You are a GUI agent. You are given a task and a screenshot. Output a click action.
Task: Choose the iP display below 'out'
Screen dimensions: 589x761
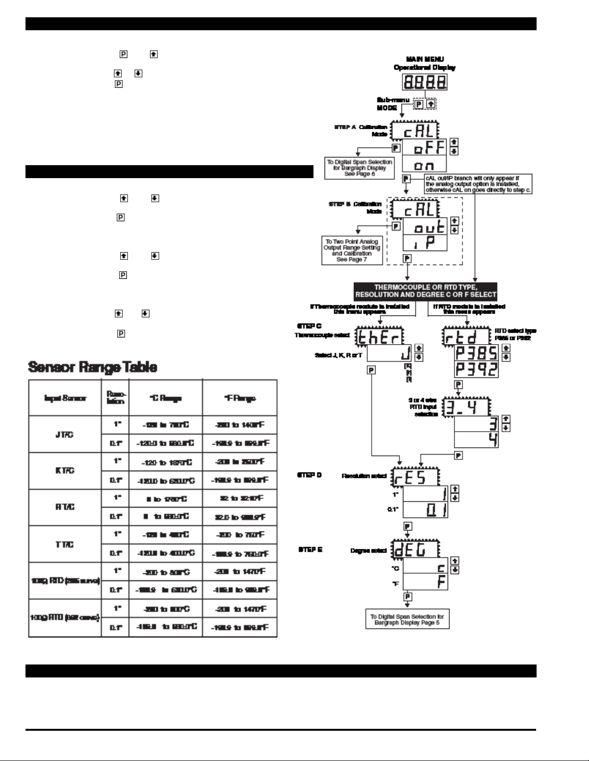click(x=425, y=243)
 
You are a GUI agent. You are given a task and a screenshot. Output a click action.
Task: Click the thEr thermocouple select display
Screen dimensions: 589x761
click(x=379, y=338)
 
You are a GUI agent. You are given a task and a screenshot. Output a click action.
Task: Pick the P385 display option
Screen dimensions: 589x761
click(x=476, y=353)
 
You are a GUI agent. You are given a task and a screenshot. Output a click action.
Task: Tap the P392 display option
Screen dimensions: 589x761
click(x=476, y=369)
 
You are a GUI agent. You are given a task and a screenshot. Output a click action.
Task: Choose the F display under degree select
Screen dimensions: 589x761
click(x=425, y=581)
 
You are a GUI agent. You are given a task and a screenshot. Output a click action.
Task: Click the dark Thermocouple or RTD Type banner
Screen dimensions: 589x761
click(x=426, y=291)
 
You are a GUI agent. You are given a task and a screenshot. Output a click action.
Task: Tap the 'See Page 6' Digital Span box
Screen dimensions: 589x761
click(x=359, y=168)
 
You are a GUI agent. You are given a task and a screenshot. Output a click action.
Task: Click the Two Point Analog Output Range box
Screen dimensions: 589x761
click(x=351, y=250)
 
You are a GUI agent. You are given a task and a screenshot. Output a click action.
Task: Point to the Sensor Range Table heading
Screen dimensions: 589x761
click(x=92, y=367)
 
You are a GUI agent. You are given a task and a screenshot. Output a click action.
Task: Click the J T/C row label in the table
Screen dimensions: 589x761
click(x=65, y=434)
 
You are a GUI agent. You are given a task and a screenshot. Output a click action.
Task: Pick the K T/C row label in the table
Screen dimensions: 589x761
click(x=65, y=471)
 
